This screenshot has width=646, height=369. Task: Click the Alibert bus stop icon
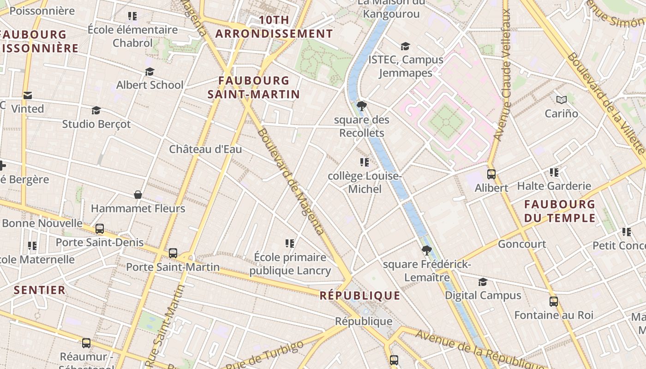pyautogui.click(x=491, y=174)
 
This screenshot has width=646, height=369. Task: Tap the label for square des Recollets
pyautogui.click(x=362, y=126)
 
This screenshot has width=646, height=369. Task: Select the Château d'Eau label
pyautogui.click(x=205, y=149)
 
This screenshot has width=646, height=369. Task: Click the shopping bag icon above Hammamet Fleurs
pyautogui.click(x=138, y=195)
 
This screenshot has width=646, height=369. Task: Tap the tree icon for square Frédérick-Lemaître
pyautogui.click(x=426, y=250)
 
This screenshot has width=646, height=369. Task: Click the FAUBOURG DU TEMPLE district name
pyautogui.click(x=559, y=211)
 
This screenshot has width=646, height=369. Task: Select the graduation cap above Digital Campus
pyautogui.click(x=483, y=282)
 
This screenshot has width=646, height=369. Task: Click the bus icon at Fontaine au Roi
pyautogui.click(x=554, y=302)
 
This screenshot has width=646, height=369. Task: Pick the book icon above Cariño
pyautogui.click(x=561, y=100)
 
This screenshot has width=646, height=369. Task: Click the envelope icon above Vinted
pyautogui.click(x=28, y=95)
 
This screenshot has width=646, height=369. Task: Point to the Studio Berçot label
pyautogui.click(x=96, y=124)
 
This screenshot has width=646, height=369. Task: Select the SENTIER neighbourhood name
pyautogui.click(x=40, y=290)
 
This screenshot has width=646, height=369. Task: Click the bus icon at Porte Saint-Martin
pyautogui.click(x=173, y=253)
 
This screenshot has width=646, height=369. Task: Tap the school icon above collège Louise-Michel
pyautogui.click(x=365, y=162)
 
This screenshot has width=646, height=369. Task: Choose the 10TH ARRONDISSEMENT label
pyautogui.click(x=274, y=27)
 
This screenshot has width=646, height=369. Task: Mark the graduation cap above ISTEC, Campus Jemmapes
pyautogui.click(x=405, y=46)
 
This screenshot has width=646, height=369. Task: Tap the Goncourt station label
pyautogui.click(x=522, y=244)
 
